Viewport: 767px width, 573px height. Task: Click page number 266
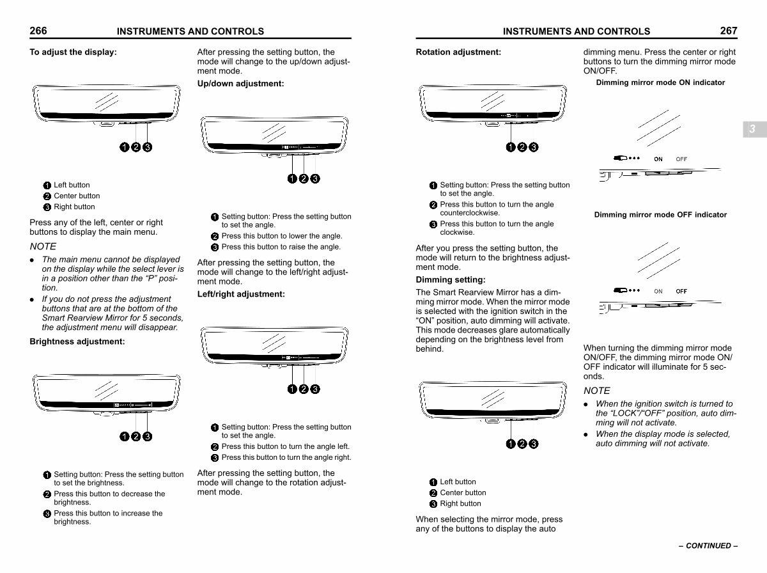38,31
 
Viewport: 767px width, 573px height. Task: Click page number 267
728,31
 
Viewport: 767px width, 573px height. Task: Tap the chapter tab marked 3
752,129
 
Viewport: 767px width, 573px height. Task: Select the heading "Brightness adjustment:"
77,341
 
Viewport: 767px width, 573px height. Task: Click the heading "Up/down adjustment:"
240,84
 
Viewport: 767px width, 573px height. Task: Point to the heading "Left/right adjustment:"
241,294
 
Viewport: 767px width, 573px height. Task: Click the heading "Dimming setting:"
451,279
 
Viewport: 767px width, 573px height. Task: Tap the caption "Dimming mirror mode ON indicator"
660,82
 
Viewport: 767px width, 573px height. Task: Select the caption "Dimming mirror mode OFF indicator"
660,215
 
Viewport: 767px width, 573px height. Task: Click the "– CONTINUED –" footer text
708,546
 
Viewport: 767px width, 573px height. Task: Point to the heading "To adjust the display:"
73,52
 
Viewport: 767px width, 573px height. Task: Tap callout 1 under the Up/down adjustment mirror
292,178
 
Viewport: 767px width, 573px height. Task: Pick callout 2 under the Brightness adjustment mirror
136,437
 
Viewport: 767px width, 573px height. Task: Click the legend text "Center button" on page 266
77,196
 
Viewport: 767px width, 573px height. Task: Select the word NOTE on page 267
596,390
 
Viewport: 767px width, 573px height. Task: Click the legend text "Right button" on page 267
460,503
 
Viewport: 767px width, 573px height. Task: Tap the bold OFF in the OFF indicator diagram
681,291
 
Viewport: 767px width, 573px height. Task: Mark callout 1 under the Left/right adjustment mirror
292,389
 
